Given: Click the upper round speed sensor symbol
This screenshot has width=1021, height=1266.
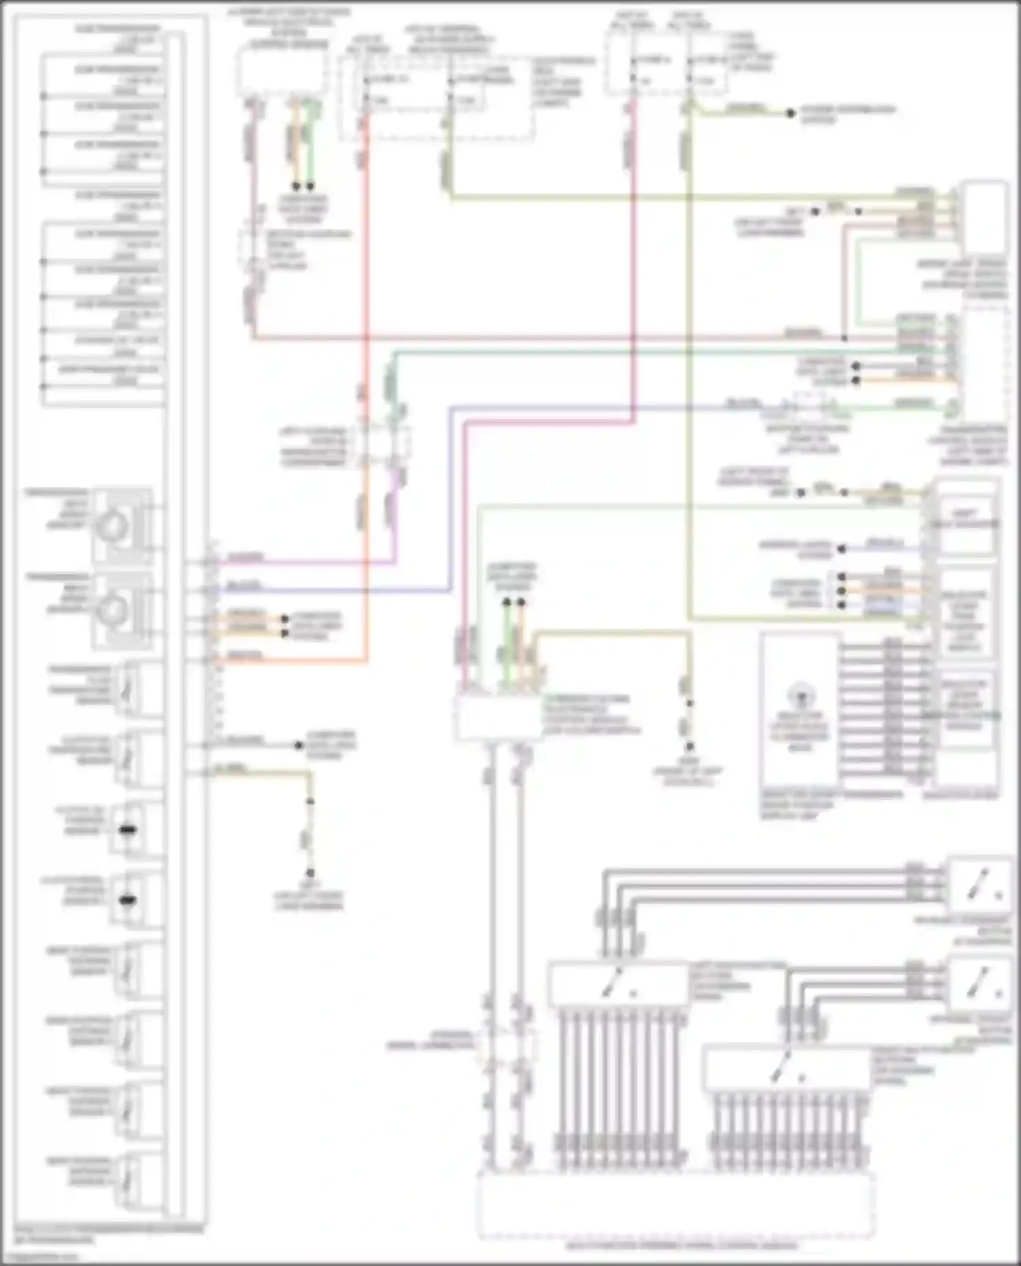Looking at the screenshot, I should (x=113, y=525).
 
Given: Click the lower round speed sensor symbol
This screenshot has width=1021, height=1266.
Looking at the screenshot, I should (x=113, y=610).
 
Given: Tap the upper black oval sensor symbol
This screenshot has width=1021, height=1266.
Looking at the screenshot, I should (x=127, y=830).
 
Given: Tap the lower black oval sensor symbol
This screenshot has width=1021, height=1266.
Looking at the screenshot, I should (x=127, y=900).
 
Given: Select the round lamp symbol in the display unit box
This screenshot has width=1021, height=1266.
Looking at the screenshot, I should (x=800, y=697).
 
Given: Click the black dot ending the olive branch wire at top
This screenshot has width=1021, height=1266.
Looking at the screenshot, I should (x=790, y=113).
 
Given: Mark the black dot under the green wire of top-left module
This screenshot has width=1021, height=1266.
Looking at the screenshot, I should (x=310, y=186).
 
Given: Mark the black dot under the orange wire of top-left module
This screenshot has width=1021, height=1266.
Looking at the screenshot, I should (x=296, y=186).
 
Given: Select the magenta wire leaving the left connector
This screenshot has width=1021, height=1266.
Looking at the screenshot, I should (x=306, y=563).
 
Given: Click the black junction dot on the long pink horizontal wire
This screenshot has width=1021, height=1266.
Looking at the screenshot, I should (x=844, y=338).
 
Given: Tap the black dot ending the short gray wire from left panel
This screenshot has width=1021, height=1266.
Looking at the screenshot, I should (x=298, y=746).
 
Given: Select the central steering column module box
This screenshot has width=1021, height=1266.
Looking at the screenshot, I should (x=498, y=718).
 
